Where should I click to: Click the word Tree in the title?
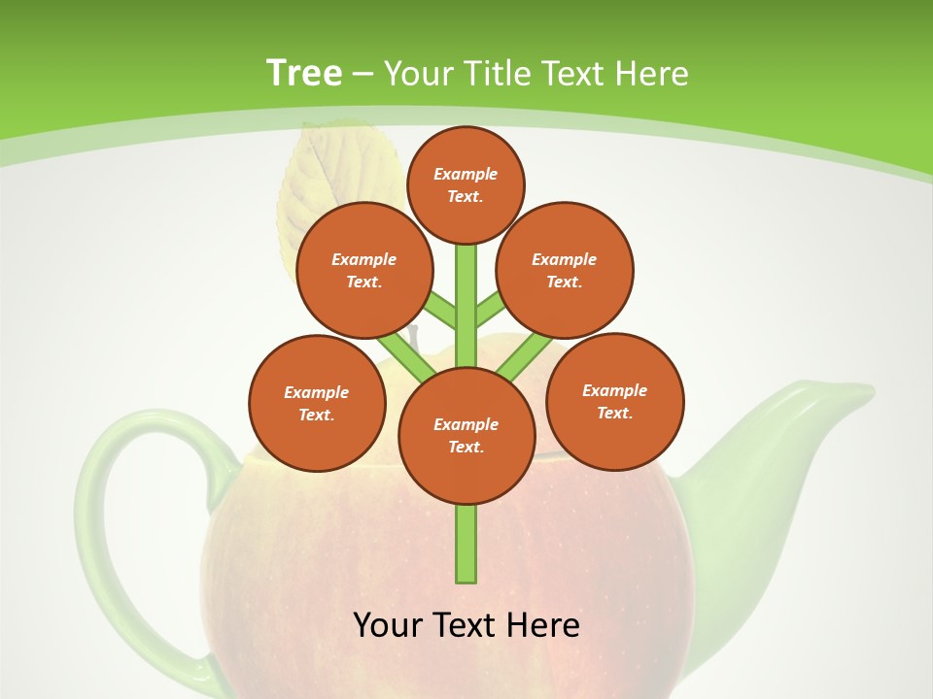(304, 73)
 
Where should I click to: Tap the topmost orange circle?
(466, 184)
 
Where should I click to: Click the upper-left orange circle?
(364, 270)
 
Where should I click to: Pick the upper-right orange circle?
(565, 270)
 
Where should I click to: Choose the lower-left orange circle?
(317, 403)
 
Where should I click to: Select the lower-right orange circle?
(615, 401)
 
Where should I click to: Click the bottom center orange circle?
(466, 436)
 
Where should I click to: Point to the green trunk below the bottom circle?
(466, 544)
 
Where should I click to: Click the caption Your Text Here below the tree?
(466, 624)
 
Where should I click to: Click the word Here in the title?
(653, 73)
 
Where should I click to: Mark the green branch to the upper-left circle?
(440, 314)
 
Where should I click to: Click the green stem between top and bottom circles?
(466, 306)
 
